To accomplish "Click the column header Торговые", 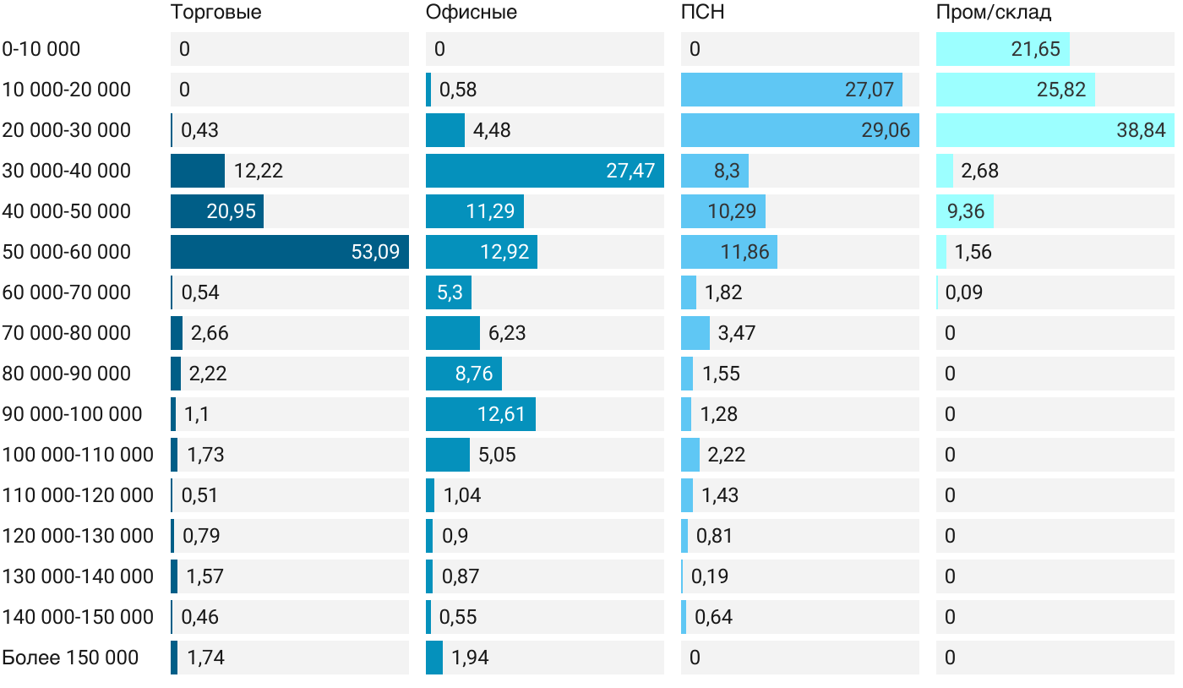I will (x=215, y=13).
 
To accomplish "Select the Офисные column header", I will (x=472, y=13).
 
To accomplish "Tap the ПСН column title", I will (x=703, y=13).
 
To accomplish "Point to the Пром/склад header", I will (x=994, y=13).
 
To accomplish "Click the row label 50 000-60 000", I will (x=67, y=252).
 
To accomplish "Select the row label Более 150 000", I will (x=70, y=658).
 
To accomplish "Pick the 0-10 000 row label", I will (x=41, y=49).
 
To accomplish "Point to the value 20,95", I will (x=232, y=211).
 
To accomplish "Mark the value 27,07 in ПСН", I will (x=869, y=90).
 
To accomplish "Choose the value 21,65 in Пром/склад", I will (x=1035, y=49).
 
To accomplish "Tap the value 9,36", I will (x=966, y=211).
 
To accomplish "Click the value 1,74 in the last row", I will (x=205, y=658).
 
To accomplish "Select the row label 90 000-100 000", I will (x=73, y=414).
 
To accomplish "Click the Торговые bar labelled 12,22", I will (x=198, y=171).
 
